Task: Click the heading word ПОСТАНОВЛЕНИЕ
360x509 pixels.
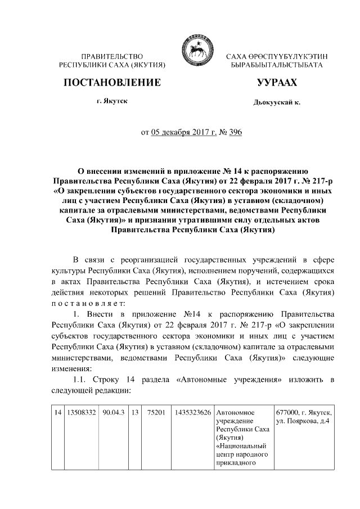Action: (x=112, y=83)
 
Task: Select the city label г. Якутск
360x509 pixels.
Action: (x=112, y=101)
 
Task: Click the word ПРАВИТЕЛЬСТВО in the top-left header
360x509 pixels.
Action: (x=112, y=57)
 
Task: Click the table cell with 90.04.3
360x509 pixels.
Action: (x=114, y=413)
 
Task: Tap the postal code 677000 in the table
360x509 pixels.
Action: (x=286, y=413)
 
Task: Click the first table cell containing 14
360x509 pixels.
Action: (x=57, y=413)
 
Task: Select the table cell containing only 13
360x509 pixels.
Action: (x=135, y=413)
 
